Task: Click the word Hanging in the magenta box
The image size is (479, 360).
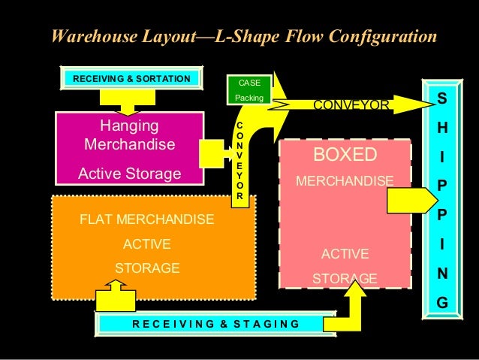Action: point(129,123)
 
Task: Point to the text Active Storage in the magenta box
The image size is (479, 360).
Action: point(129,174)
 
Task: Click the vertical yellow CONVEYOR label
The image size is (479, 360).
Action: point(239,159)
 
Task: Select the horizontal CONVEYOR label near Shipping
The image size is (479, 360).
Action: point(351,105)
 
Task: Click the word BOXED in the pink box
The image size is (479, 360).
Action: point(345,155)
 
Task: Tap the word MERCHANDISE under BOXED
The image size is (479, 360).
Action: point(345,181)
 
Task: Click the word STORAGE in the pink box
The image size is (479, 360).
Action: point(345,279)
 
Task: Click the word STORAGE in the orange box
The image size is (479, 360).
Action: point(146,268)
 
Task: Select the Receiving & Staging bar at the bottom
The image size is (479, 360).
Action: point(215,324)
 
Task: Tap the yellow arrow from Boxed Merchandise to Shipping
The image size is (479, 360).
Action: point(411,201)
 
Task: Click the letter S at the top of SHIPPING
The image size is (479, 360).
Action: point(441,100)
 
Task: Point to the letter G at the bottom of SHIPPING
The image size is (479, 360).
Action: point(441,304)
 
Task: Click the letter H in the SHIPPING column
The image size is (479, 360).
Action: point(441,129)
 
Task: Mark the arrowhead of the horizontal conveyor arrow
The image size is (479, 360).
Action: point(414,104)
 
